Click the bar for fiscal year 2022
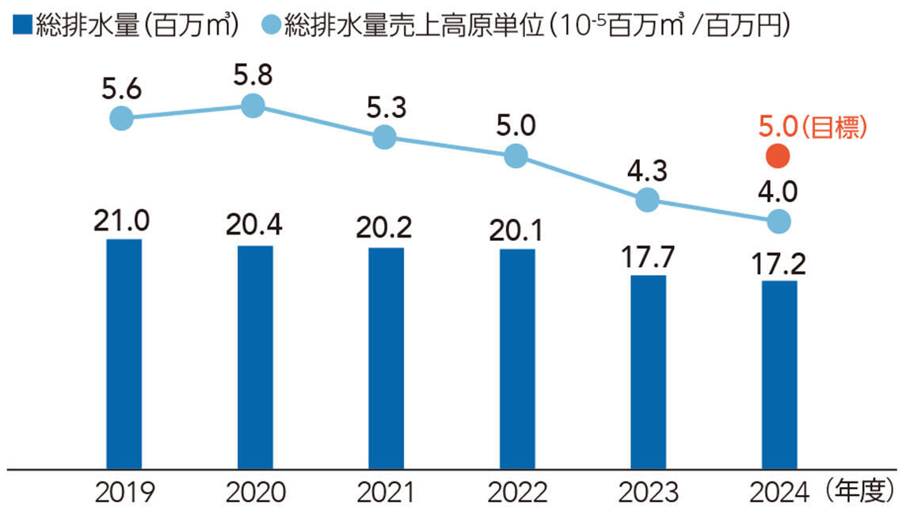tap(517, 358)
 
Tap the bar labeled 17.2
tap(779, 374)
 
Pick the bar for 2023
tap(648, 371)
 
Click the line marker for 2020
tap(253, 105)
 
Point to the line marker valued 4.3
tap(648, 200)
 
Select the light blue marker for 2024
tap(779, 221)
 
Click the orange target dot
tap(779, 157)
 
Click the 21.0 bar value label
tap(124, 218)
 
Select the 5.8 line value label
tap(253, 77)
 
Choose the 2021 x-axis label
tap(386, 493)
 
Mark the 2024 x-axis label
tap(779, 493)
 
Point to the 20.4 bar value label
tap(255, 225)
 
